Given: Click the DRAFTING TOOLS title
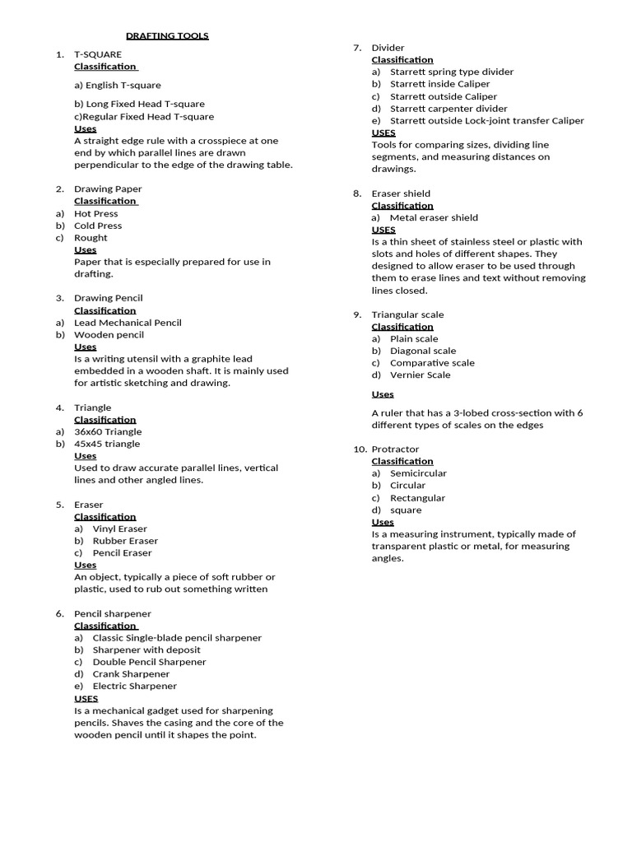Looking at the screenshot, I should (167, 36).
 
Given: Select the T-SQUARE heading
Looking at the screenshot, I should (97, 54).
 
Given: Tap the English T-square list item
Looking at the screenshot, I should (118, 86).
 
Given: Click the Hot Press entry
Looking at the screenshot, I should (96, 214).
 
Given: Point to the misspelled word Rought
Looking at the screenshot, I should (91, 238).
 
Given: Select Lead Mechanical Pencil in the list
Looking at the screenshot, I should (128, 323).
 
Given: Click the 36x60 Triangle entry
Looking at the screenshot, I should (108, 431).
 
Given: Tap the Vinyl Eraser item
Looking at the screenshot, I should (120, 529).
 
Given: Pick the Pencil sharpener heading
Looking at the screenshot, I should (113, 614).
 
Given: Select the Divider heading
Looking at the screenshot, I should (388, 48).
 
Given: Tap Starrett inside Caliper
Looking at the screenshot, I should (439, 84).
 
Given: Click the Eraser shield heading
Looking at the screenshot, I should (401, 193).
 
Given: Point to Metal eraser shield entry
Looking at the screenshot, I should (434, 218).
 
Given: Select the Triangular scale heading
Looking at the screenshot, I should (407, 314).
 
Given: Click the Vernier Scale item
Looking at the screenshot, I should (420, 375).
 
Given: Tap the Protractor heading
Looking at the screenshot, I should (395, 449).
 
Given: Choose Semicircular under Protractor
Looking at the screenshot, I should (418, 473).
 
